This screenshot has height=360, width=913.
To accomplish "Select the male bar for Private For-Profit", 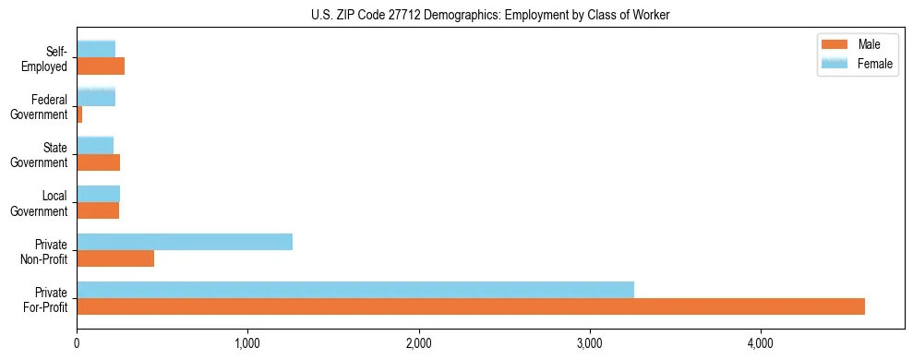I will (x=471, y=306).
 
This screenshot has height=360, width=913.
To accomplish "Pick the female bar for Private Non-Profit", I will (x=185, y=242).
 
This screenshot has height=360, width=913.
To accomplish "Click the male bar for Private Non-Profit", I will (x=115, y=258).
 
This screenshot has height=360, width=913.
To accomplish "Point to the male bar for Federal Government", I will (x=79, y=114).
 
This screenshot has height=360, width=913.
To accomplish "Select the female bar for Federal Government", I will (x=96, y=97).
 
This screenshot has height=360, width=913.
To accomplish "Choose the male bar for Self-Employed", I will (x=101, y=66).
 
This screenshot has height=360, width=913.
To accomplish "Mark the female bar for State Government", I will (x=95, y=145).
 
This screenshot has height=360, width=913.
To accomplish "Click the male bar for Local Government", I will (x=98, y=210).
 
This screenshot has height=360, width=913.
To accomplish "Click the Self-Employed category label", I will (x=47, y=58).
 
